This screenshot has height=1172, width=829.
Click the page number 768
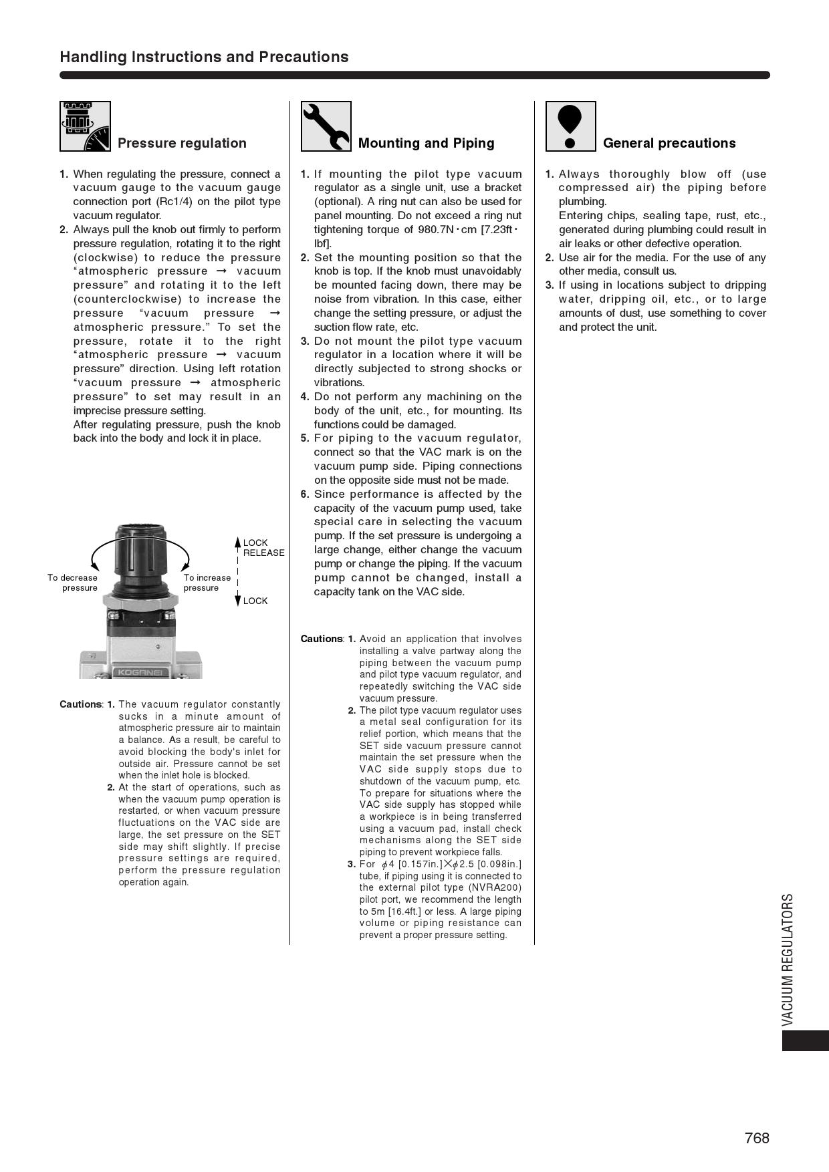coord(757,1138)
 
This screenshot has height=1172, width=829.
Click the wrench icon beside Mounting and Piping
coord(326,126)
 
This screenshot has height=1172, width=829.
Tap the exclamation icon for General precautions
coord(570,126)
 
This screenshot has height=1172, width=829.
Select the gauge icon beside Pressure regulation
coord(85,126)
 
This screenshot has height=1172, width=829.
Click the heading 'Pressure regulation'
coord(182,143)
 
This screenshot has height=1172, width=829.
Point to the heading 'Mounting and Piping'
coord(426,143)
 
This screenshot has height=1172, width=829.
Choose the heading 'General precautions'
coord(669,143)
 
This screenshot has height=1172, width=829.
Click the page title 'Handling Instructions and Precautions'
coord(204,57)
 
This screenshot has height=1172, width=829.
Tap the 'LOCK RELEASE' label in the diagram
coord(263,548)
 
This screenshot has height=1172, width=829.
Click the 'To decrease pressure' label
coord(72,583)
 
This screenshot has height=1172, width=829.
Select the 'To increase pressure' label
coord(207,583)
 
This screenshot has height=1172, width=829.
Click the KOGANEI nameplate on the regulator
coord(140,672)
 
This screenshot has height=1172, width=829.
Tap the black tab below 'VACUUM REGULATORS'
coord(805,1041)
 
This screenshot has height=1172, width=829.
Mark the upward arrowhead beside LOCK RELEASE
coord(237,541)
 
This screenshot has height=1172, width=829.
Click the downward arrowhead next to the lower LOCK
coord(237,601)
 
